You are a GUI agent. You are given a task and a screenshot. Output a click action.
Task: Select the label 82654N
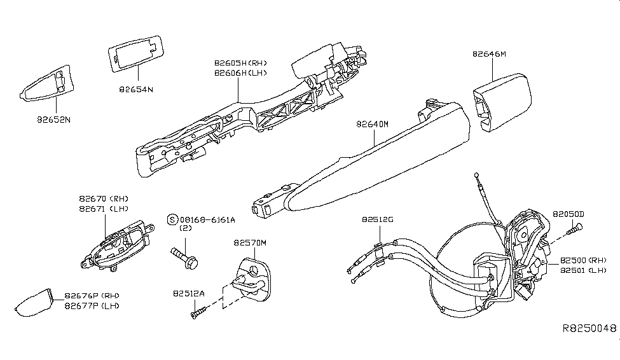coord(136,90)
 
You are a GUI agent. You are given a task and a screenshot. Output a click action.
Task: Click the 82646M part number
coord(489,54)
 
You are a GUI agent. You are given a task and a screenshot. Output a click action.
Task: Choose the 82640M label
coord(364,125)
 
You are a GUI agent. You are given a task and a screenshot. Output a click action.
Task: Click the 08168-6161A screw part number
coord(206,219)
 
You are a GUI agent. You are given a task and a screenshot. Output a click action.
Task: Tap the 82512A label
coord(188,294)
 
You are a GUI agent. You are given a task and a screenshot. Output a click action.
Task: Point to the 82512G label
coord(378,219)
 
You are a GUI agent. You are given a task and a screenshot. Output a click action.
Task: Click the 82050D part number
coord(568,214)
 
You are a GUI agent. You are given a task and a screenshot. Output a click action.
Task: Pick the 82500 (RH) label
coord(584,261)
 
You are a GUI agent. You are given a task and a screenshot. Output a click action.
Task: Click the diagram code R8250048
coord(589,329)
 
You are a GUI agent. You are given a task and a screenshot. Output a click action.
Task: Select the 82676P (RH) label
coord(92,296)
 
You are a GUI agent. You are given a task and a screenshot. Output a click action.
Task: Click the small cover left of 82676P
coord(34,303)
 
